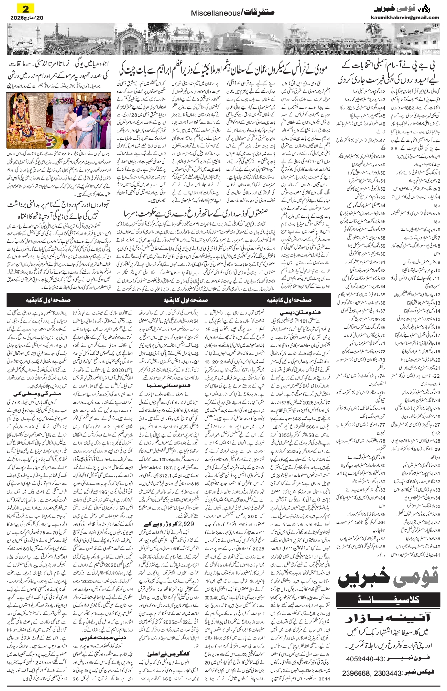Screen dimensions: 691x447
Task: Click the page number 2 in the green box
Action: (x=22, y=9)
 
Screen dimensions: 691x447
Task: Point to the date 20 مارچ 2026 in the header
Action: (x=22, y=18)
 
